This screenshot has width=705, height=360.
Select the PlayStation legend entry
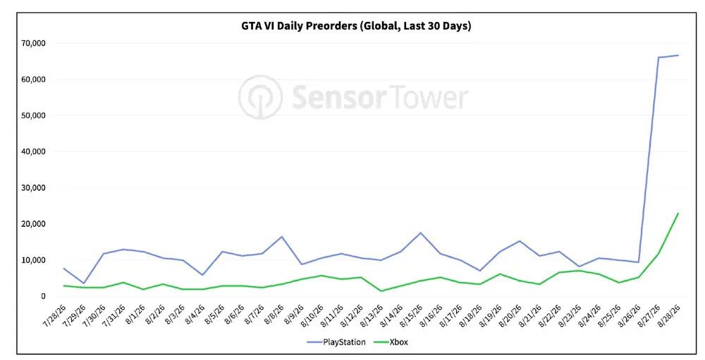tap(336, 342)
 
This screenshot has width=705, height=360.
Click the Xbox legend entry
tap(388, 342)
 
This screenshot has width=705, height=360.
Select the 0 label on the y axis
tap(43, 296)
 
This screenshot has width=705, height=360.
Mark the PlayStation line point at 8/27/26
tap(658, 57)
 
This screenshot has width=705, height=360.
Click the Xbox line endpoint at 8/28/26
tap(678, 213)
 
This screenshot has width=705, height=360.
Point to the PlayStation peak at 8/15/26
tap(420, 232)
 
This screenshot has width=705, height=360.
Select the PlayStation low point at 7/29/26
tap(84, 283)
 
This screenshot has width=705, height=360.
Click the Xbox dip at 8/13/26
tap(381, 291)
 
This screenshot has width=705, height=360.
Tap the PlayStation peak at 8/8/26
tap(282, 237)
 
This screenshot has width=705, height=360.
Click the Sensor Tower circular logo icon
tap(260, 97)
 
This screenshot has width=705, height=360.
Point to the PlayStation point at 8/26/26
tap(639, 262)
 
